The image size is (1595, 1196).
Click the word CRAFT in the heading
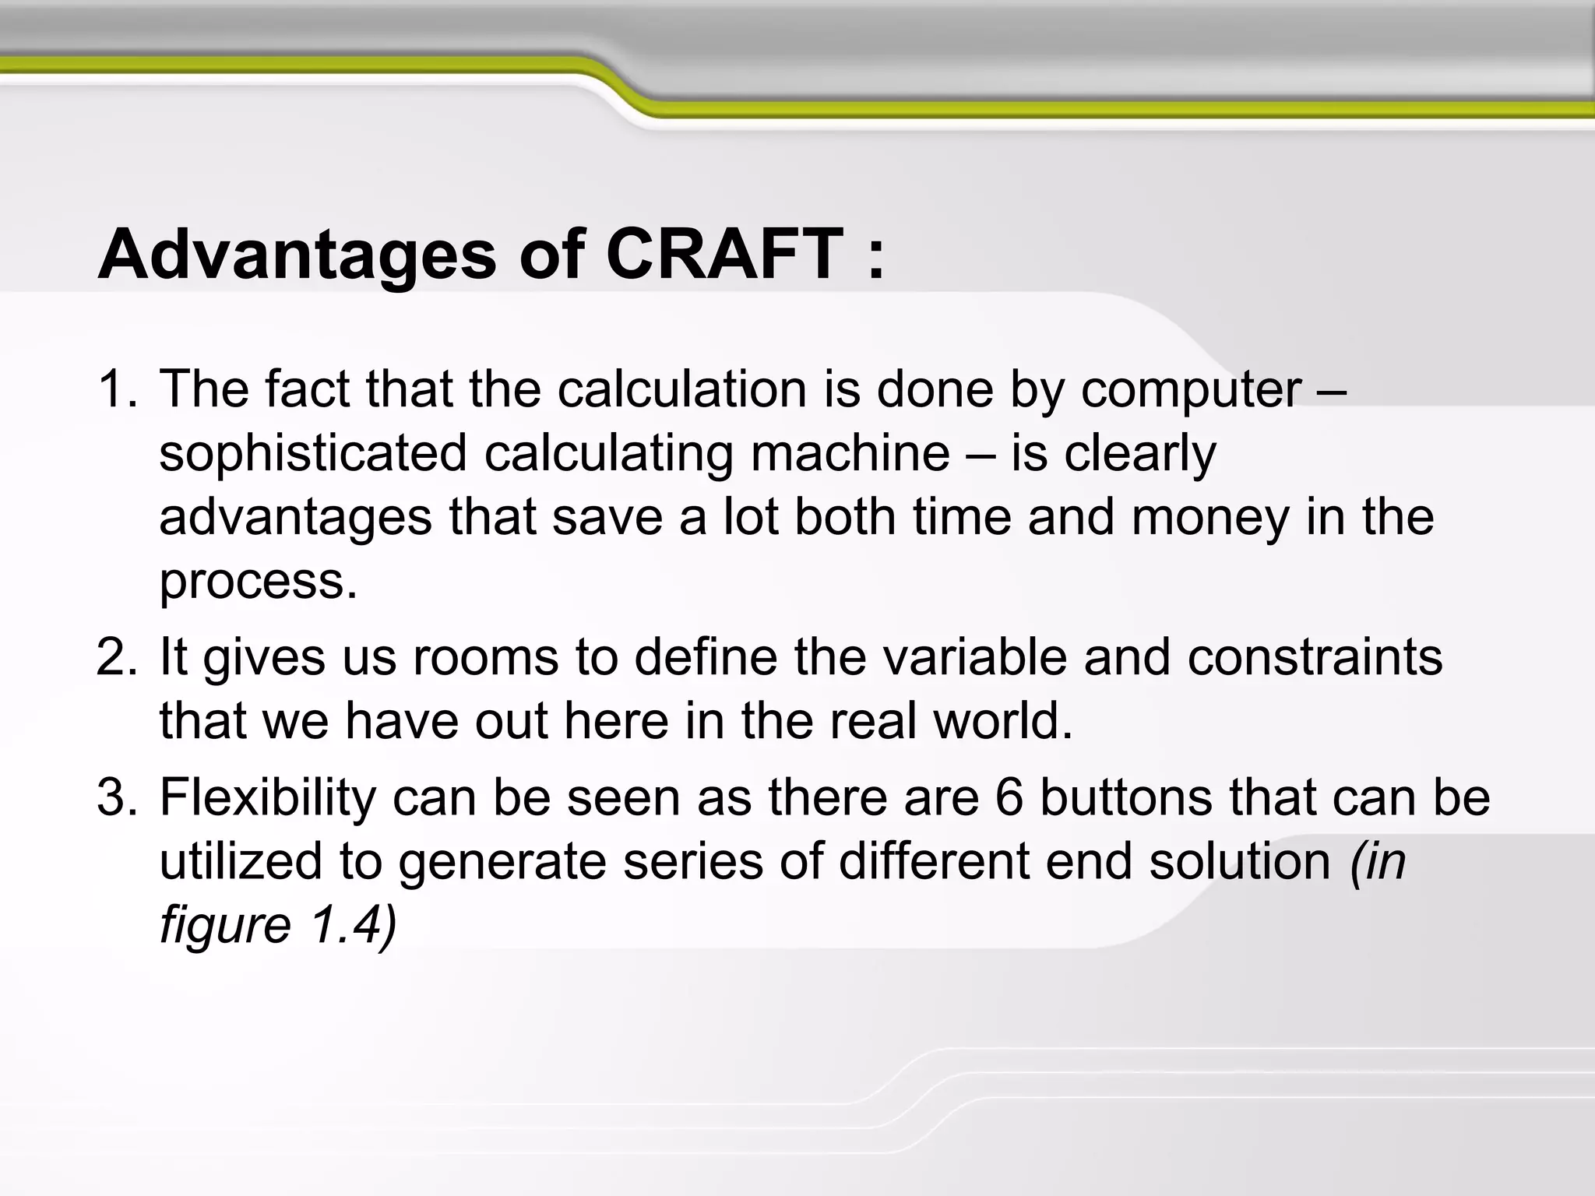tap(725, 255)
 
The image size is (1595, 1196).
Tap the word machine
tap(850, 453)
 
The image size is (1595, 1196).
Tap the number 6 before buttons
tap(1009, 798)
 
